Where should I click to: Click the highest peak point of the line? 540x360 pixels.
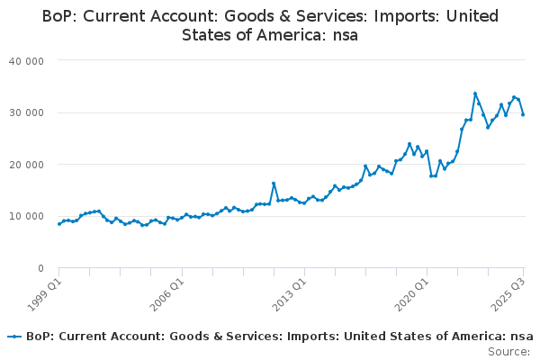click(475, 94)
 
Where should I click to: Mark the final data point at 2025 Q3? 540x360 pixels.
click(523, 114)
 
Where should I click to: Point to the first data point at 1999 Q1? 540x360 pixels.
click(59, 224)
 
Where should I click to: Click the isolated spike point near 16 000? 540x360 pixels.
click(274, 184)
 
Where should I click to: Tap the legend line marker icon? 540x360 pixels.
click(14, 336)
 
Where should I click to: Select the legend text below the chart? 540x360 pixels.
click(278, 336)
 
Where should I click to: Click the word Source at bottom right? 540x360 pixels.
click(508, 351)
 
